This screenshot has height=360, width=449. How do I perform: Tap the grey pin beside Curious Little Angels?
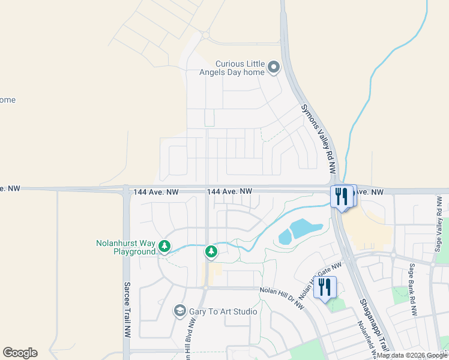(274, 67)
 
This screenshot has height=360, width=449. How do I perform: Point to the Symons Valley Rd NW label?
(318, 139)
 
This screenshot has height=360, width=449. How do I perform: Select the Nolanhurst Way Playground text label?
(126, 247)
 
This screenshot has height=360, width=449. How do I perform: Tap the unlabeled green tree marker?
(211, 251)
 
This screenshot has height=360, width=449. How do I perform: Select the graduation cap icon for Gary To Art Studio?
(179, 311)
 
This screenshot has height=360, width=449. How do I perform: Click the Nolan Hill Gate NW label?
(319, 279)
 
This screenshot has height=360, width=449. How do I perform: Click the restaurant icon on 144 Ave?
(343, 196)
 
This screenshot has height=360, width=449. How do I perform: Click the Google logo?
(20, 353)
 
